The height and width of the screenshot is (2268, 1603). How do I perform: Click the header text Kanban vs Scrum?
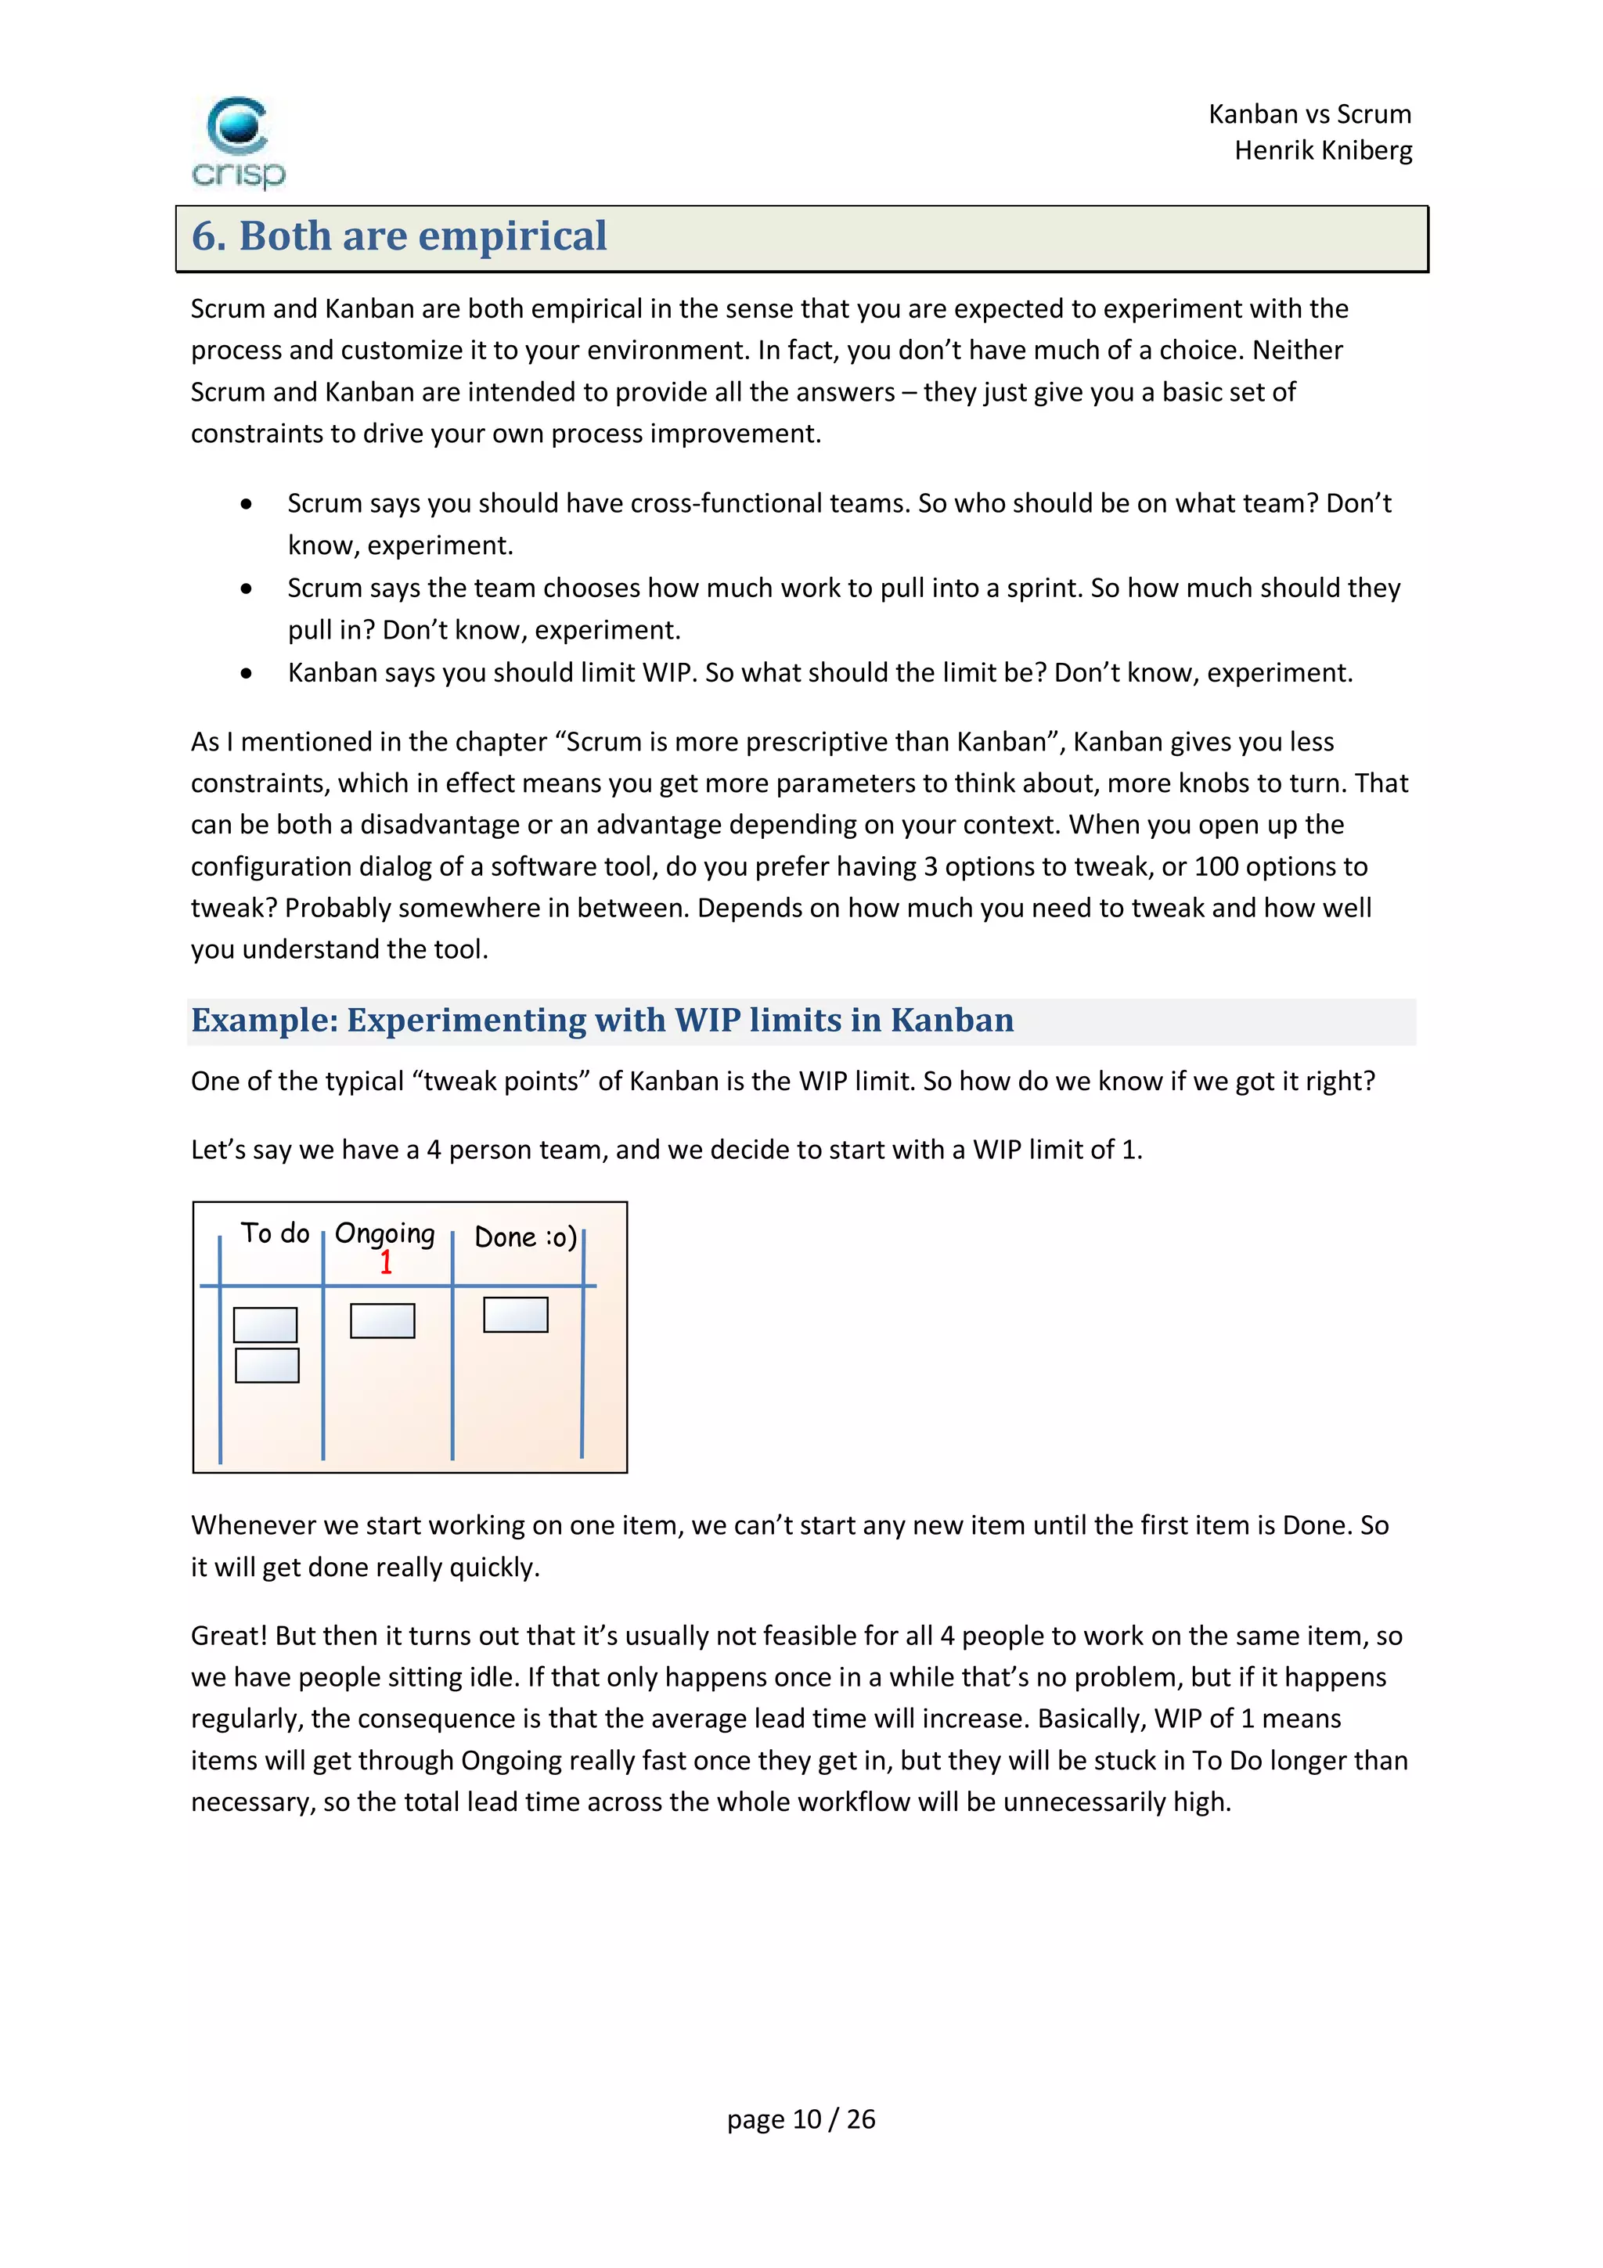[x=1309, y=114]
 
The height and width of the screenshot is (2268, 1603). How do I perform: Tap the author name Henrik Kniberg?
[x=1323, y=151]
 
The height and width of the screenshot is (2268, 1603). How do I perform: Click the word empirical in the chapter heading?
[x=513, y=236]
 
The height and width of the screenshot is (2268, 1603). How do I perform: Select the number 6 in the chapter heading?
[x=204, y=236]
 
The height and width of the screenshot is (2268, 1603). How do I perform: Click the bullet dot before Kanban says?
[x=246, y=674]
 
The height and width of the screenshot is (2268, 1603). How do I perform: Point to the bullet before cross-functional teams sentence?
[x=246, y=505]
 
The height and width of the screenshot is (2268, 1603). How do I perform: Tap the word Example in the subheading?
[x=264, y=1021]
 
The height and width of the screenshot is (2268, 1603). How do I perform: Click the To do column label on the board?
[x=276, y=1233]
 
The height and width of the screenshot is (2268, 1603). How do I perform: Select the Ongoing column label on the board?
[x=385, y=1233]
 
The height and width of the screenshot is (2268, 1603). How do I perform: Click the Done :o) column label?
[x=525, y=1237]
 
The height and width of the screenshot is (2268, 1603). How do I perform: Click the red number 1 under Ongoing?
[x=386, y=1262]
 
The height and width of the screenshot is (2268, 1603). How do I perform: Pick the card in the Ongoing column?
[x=382, y=1321]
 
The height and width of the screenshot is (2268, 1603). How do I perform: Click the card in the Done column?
[x=516, y=1315]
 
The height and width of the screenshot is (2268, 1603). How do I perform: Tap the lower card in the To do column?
[x=267, y=1365]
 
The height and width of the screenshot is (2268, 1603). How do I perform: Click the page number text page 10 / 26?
[x=801, y=2119]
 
